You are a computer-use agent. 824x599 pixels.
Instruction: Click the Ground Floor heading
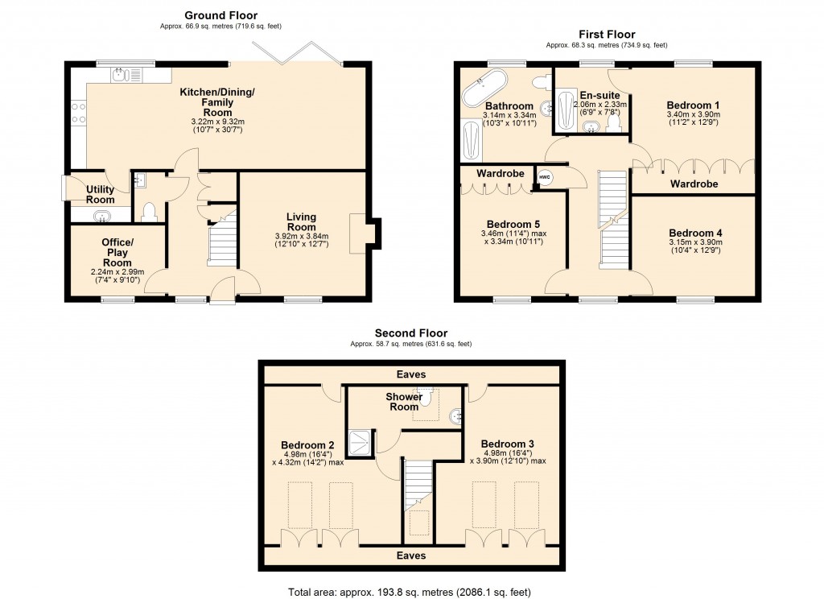[221, 14]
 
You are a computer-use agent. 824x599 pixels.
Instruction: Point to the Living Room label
[302, 222]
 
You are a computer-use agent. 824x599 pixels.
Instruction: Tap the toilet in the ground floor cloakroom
[147, 211]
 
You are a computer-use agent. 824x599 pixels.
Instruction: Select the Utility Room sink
[103, 215]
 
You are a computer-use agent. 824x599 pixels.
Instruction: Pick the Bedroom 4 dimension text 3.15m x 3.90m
[696, 242]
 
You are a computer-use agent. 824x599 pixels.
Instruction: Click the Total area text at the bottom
[410, 592]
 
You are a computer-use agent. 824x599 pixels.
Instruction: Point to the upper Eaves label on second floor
[410, 374]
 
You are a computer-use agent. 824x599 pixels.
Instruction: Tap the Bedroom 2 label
[307, 444]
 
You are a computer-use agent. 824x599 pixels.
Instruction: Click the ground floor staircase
[220, 240]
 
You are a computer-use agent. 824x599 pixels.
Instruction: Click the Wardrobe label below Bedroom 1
[694, 184]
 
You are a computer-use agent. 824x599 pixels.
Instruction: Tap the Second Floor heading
[410, 333]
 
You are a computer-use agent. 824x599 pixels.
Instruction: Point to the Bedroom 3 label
[507, 444]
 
